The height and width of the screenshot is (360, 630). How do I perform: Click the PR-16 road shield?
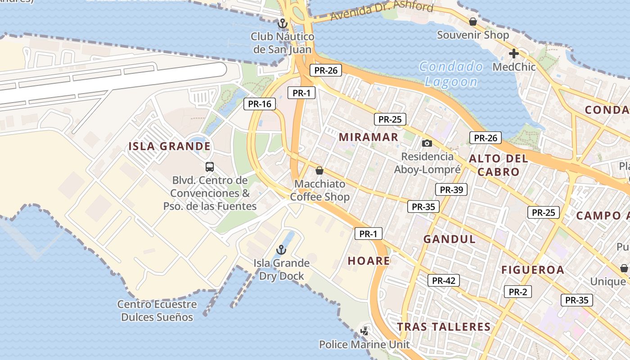point(260,104)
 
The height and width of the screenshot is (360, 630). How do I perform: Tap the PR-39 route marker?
point(451,189)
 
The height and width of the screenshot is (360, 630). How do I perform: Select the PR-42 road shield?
point(443,280)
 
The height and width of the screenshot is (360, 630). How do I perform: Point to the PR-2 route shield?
point(517,292)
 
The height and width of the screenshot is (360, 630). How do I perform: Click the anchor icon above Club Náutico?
point(283,23)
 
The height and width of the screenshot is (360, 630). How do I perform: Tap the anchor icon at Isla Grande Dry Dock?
point(281,250)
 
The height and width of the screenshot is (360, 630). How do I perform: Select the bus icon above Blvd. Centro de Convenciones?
point(210,167)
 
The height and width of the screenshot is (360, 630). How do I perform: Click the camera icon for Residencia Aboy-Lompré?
point(427,143)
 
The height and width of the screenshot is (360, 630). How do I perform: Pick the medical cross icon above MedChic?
point(513,54)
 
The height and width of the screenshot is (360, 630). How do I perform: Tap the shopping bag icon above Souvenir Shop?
point(473,21)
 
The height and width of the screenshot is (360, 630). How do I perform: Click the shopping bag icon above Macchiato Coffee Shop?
point(319,171)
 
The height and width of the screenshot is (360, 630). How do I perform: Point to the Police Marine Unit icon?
point(364,331)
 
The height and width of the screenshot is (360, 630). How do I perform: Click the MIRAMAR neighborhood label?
point(368,137)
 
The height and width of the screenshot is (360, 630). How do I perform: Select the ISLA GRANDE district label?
point(170,146)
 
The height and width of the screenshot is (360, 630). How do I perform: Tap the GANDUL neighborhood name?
point(449,239)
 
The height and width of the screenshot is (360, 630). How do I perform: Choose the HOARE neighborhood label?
point(369,261)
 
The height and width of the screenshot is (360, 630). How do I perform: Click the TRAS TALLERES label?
point(443,327)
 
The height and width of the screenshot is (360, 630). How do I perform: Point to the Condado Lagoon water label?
point(451,74)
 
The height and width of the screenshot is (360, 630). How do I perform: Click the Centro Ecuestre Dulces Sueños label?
point(157,310)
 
